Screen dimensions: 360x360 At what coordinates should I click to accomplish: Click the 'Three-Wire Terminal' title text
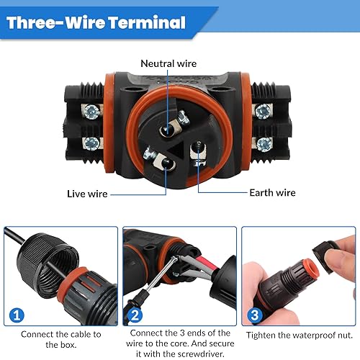pyautogui.click(x=96, y=22)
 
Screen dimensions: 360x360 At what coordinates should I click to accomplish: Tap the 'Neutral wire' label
pyautogui.click(x=168, y=63)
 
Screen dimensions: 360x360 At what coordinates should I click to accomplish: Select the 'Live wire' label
pyautogui.click(x=87, y=194)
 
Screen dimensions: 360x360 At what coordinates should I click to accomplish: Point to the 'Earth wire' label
pyautogui.click(x=272, y=193)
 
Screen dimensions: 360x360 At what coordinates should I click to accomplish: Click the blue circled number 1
pyautogui.click(x=17, y=315)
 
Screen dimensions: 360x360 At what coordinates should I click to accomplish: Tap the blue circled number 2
pyautogui.click(x=135, y=315)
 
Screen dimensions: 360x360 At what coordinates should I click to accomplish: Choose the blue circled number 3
pyautogui.click(x=255, y=315)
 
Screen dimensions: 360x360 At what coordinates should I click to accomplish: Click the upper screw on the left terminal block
pyautogui.click(x=92, y=112)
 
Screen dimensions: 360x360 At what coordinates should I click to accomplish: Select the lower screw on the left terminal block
pyautogui.click(x=92, y=143)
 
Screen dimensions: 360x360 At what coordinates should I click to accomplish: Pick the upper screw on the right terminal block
pyautogui.click(x=263, y=112)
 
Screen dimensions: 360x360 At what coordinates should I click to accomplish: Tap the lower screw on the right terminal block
pyautogui.click(x=264, y=145)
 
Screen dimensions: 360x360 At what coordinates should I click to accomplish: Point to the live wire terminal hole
pyautogui.click(x=166, y=163)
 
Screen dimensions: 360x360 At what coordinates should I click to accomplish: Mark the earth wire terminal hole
pyautogui.click(x=198, y=149)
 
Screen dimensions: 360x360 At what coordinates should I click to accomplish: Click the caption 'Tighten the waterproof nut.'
pyautogui.click(x=300, y=335)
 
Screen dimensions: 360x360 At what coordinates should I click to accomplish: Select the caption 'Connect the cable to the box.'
pyautogui.click(x=61, y=339)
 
